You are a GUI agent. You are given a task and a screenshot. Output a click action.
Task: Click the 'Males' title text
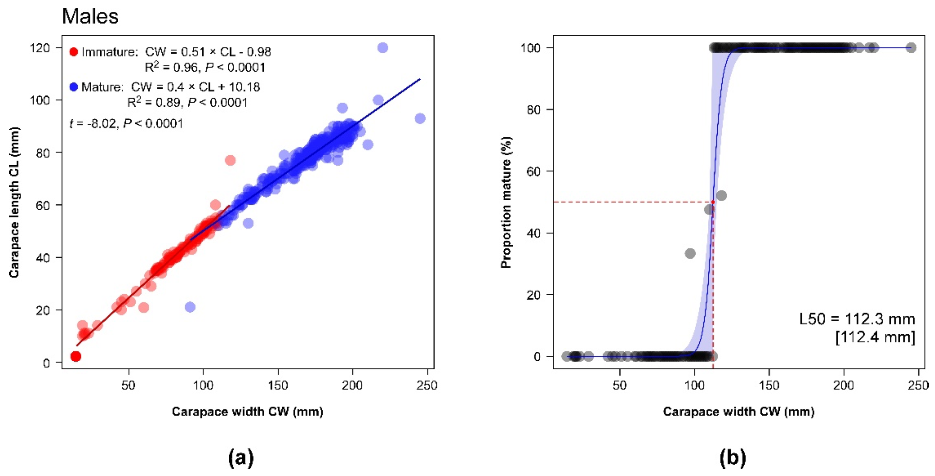tap(90, 17)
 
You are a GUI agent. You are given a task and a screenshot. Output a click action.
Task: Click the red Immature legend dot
tap(74, 52)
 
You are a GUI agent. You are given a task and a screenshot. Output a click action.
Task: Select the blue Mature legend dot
tap(74, 87)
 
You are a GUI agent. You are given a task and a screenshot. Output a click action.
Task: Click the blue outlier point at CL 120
tap(382, 48)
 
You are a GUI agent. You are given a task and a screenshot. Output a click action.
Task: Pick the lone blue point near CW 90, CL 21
tap(190, 307)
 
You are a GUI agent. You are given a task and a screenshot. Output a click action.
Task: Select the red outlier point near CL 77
tap(230, 160)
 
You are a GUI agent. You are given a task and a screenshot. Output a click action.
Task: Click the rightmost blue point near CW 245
tap(420, 118)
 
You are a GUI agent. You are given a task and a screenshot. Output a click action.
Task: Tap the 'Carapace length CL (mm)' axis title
tap(14, 202)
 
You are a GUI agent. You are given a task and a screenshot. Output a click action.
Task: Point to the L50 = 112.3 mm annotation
tap(857, 319)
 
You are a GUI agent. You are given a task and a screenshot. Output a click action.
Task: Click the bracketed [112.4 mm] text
tap(875, 337)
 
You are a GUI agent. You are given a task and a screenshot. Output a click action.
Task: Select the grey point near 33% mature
tap(690, 254)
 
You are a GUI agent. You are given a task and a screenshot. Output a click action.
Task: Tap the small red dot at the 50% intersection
tap(713, 202)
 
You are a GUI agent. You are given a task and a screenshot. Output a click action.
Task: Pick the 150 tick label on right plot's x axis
tap(769, 385)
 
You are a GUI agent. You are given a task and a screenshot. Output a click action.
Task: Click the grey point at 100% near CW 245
tap(911, 48)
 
